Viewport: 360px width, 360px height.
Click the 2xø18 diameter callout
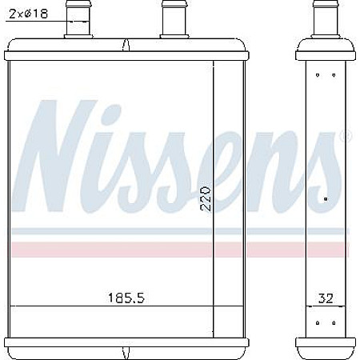coord(28,14)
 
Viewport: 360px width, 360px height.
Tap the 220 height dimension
coord(206,198)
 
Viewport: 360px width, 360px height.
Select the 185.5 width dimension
coord(126,298)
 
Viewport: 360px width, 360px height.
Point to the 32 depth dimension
coord(326,298)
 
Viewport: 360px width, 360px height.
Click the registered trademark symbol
coord(346,136)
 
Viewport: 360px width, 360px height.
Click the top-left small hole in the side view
coord(318,75)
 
